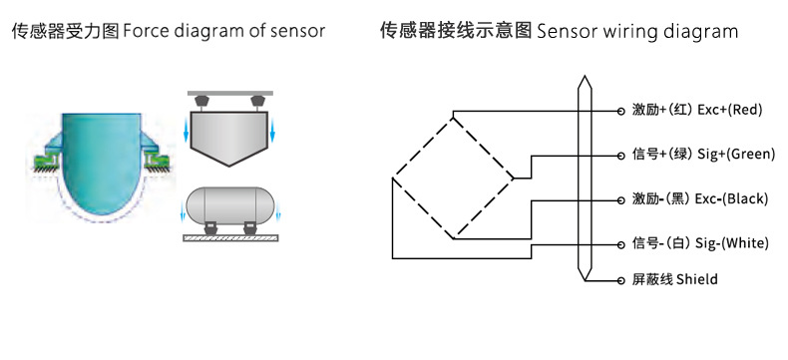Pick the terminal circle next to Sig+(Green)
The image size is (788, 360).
tap(619, 155)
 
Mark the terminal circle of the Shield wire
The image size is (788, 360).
tap(619, 280)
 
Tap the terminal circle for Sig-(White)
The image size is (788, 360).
tap(619, 242)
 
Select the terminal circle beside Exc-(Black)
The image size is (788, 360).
tap(619, 198)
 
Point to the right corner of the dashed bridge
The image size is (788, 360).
tap(515, 179)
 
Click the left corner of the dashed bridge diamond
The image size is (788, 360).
tap(392, 179)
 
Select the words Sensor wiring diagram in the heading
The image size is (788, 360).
tap(636, 32)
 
